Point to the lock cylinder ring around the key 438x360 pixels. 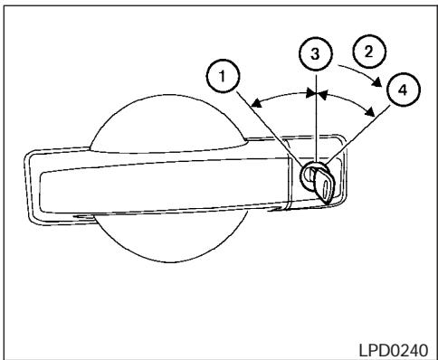point(308,174)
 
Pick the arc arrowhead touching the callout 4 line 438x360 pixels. point(371,113)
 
